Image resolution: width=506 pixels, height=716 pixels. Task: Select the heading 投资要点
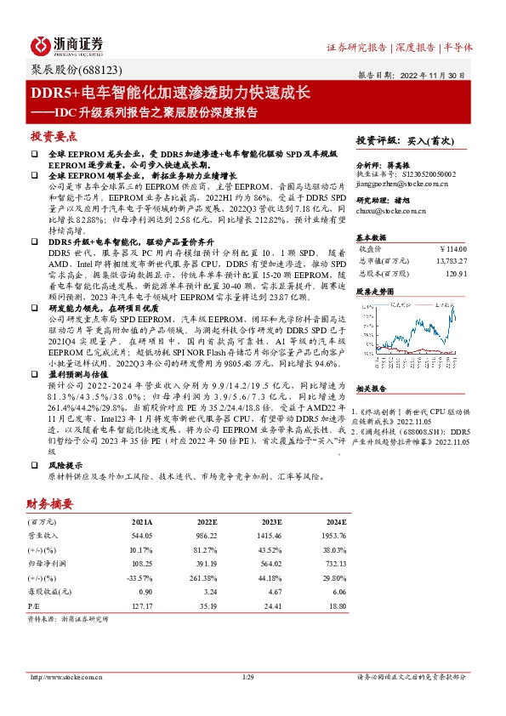54,136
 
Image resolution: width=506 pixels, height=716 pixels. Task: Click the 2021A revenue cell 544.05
140,537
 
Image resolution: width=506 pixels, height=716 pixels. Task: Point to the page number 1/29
248,676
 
